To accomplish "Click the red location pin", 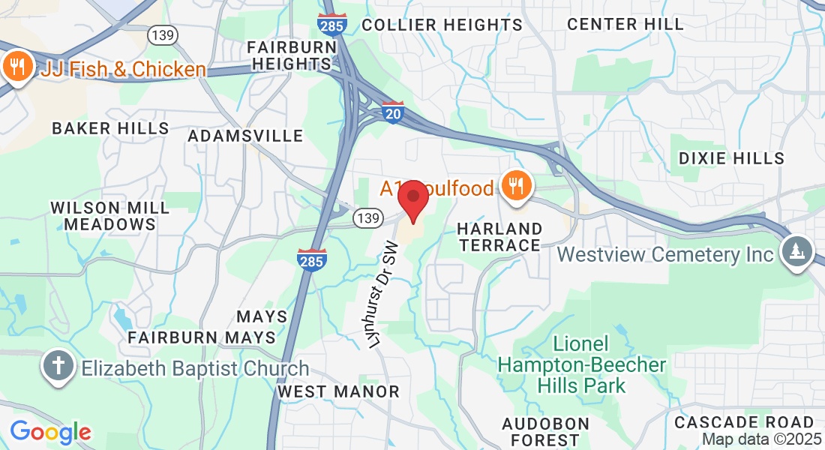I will click(412, 199).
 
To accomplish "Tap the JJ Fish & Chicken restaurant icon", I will click(16, 67).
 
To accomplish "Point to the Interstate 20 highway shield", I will click(392, 112).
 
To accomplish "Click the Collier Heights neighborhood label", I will click(442, 25).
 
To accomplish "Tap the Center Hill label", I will click(625, 24).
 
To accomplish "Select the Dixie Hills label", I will click(731, 158).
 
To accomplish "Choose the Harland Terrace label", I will click(500, 236).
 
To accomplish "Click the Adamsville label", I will click(245, 136).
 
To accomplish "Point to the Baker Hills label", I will click(110, 128).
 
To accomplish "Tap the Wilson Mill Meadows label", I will click(110, 215).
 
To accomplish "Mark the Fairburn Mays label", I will click(202, 337).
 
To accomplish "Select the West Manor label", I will click(338, 391).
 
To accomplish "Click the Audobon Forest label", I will click(541, 431).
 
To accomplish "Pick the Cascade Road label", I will click(744, 422).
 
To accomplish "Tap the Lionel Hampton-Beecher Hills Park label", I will click(582, 365).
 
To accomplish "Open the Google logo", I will click(50, 432).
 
